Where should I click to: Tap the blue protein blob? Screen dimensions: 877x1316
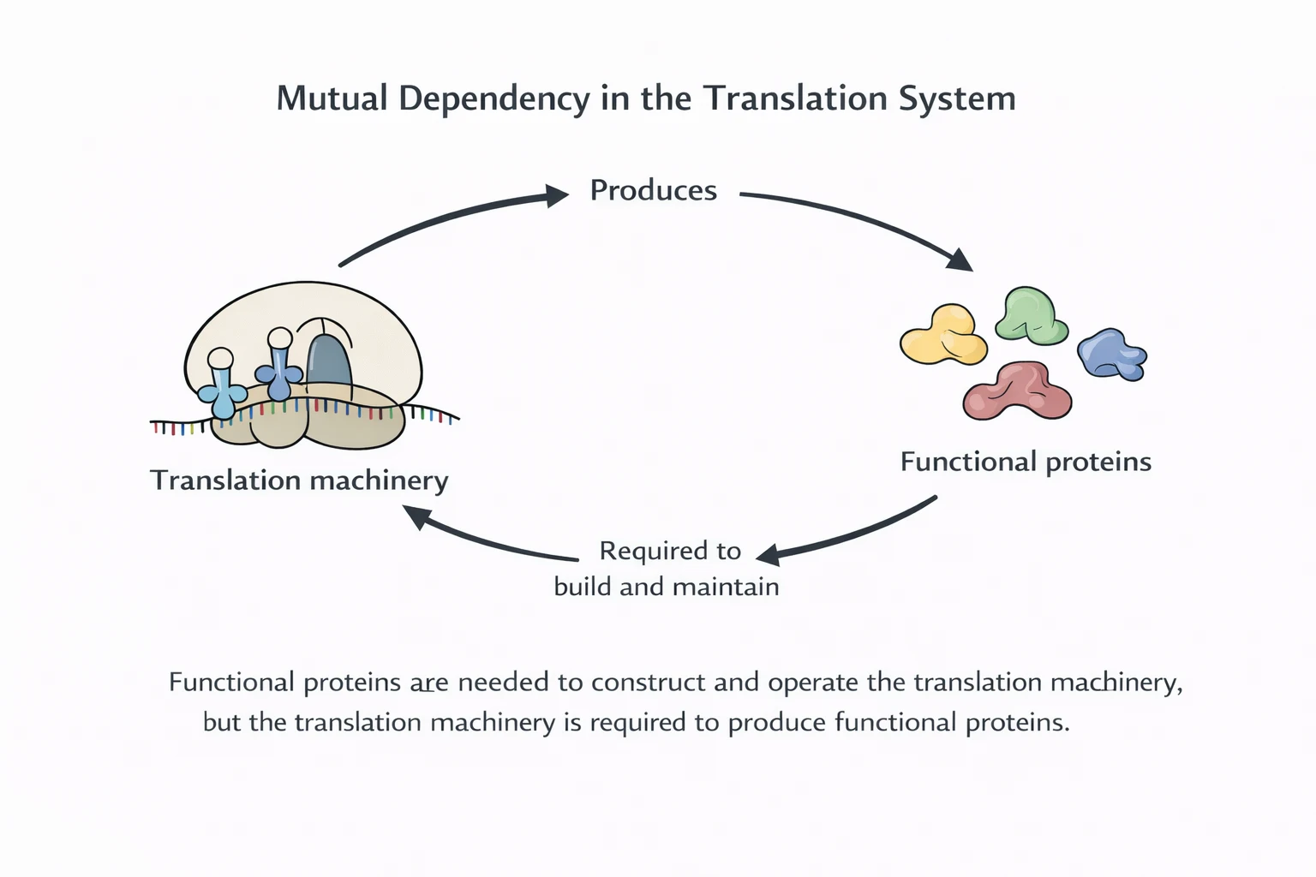point(1111,354)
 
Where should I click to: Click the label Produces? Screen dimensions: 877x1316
point(653,190)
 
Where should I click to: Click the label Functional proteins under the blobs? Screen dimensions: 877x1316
point(1026,462)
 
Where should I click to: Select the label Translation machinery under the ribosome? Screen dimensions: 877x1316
point(299,480)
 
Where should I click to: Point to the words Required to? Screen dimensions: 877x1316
point(670,551)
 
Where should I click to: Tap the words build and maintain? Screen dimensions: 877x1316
point(667,587)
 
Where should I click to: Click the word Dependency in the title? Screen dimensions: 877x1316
point(493,98)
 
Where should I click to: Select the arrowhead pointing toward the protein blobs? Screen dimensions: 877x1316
point(960,260)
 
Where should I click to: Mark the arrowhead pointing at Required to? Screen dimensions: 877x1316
point(768,555)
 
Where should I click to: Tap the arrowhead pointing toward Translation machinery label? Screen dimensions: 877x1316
point(416,516)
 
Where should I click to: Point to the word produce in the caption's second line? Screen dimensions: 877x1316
point(777,723)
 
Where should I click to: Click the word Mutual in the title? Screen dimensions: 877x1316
point(332,98)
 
